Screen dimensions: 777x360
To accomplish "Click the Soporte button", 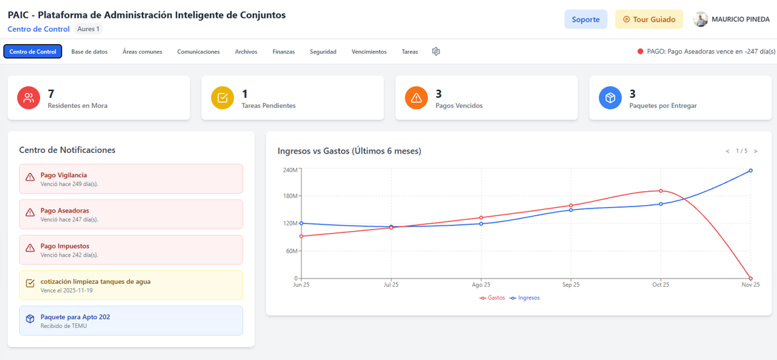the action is tap(585, 19).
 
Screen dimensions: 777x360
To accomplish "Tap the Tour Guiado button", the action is tap(649, 19).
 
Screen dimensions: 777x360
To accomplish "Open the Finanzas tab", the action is tap(283, 52).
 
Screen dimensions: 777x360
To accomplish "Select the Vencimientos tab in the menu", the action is tap(369, 52).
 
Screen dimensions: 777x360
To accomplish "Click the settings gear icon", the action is tap(436, 52).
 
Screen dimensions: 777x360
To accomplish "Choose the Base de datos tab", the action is tap(89, 52).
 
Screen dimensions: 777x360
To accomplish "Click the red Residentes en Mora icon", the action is tap(29, 98).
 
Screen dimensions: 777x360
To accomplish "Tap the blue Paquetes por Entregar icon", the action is tap(610, 98).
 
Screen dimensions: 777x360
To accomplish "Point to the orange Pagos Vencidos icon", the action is tap(416, 98).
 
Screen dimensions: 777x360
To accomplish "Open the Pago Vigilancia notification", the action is tap(131, 179).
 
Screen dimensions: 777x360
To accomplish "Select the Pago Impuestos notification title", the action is tap(65, 246).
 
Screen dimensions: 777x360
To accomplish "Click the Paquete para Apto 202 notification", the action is tap(131, 321).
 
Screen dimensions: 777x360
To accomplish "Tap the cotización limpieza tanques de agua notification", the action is tap(131, 285).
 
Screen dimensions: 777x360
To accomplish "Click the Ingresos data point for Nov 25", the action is tap(751, 170).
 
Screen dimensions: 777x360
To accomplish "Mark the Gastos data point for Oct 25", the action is tap(661, 190).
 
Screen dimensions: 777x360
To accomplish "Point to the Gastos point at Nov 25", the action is tap(751, 278).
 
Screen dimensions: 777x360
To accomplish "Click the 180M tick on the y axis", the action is tap(289, 196).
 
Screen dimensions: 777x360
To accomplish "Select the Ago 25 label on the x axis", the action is tap(481, 285).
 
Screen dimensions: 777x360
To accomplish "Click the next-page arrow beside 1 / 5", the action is tap(756, 151).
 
